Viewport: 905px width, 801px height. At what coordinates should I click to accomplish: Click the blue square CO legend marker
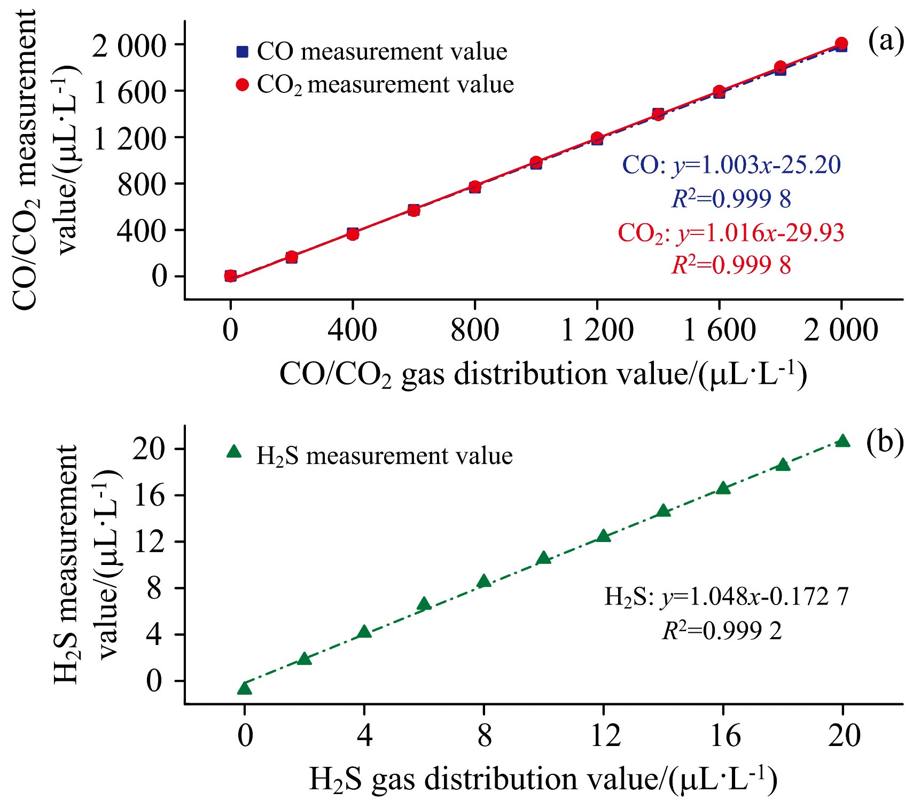243,52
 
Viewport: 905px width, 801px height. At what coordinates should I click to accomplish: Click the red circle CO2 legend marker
243,85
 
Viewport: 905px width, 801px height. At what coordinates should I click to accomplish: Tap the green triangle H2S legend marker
234,452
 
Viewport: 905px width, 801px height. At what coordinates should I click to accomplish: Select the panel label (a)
885,41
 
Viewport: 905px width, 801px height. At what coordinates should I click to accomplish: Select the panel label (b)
884,443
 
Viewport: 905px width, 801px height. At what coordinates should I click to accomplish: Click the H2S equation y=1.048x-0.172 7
726,597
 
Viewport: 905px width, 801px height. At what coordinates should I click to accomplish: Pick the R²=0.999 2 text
722,631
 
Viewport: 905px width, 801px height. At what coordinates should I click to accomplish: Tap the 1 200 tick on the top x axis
597,330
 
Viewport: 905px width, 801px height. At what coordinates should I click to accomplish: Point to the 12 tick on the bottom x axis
604,735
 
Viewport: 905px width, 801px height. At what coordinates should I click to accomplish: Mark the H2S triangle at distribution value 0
245,688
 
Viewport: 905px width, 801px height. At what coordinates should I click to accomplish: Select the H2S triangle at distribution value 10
544,558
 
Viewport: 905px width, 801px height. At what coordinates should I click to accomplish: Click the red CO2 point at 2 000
841,43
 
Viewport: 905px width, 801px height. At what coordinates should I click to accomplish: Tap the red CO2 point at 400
353,234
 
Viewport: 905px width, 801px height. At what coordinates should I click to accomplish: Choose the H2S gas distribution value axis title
543,779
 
